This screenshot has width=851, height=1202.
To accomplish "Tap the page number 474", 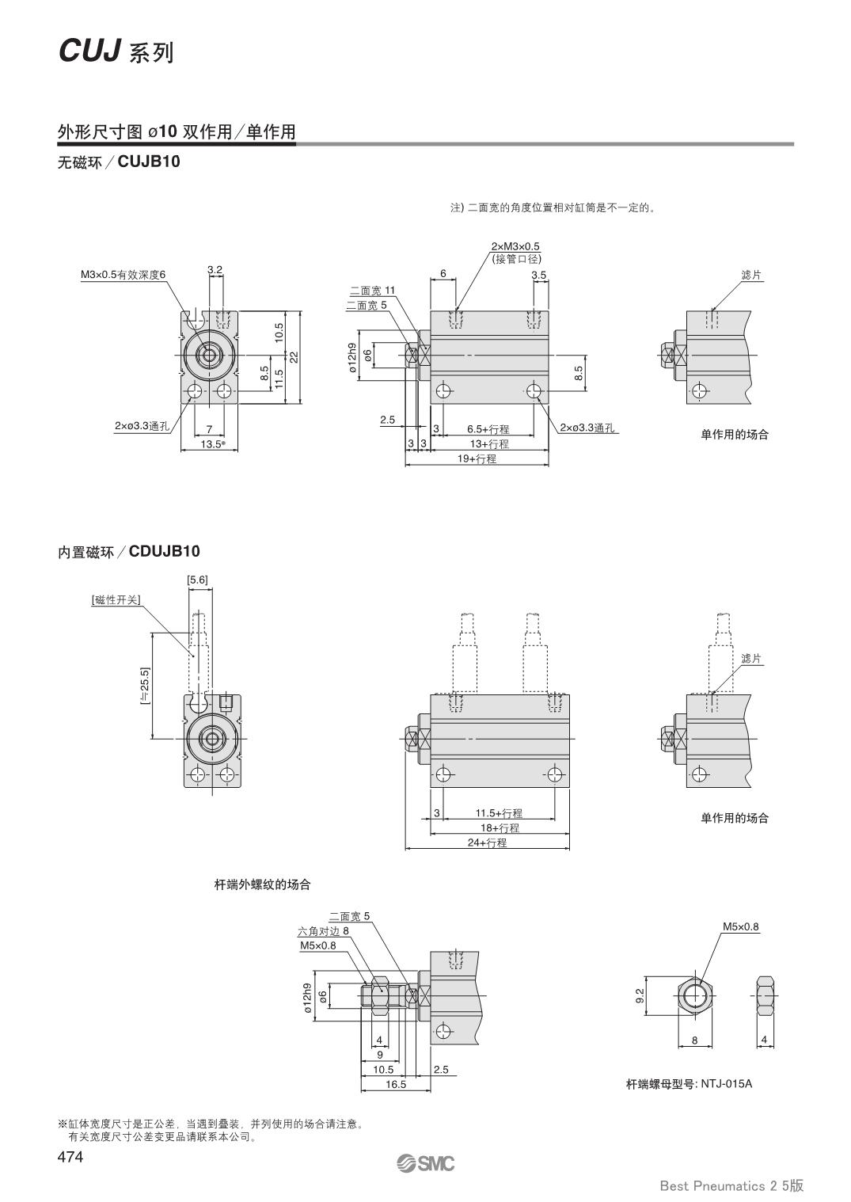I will (x=70, y=1157).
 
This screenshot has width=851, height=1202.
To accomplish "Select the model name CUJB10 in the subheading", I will (x=149, y=162).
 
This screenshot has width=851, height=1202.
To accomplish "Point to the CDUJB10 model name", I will (x=164, y=551).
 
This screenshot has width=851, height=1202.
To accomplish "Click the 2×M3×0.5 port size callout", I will (x=515, y=247).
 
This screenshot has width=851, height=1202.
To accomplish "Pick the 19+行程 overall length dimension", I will (x=477, y=458).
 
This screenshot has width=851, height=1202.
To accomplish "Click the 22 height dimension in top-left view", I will (x=294, y=357).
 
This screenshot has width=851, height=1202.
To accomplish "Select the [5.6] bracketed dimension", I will (x=197, y=580).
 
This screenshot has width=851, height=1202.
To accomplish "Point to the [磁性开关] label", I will (x=116, y=599).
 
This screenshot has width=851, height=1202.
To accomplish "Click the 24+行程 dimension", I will (x=487, y=843).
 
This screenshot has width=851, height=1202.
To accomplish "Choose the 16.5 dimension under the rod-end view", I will (x=396, y=1084).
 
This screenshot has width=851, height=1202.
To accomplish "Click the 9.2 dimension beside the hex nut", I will (x=640, y=994).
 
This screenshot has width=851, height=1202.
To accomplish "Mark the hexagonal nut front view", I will (x=695, y=994).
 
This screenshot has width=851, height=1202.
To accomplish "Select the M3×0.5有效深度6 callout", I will (x=123, y=275).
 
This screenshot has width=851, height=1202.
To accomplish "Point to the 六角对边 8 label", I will (x=323, y=931).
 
